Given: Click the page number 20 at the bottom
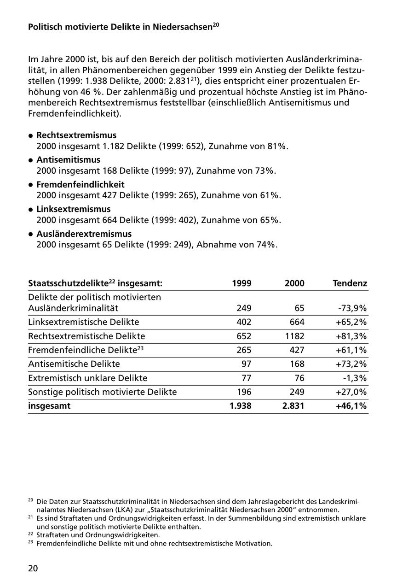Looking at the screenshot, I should [33, 568].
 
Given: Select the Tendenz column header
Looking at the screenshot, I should [350, 283].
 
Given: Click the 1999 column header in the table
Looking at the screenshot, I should [242, 283].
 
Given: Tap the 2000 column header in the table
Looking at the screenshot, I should [294, 283].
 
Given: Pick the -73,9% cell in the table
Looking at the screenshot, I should [353, 308].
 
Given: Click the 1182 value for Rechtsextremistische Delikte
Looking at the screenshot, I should [294, 336].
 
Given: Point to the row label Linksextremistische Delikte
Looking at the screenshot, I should [83, 322].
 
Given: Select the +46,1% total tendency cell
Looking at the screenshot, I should [351, 406].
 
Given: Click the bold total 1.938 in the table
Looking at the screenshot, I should [241, 406].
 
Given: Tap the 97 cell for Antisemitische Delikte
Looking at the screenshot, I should [246, 364].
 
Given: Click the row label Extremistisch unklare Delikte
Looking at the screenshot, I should [87, 378].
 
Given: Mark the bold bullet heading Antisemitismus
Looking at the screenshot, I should [68, 160].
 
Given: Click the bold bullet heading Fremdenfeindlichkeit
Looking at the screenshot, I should [80, 185].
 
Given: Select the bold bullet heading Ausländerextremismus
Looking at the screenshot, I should [84, 234].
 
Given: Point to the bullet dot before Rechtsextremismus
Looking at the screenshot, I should [31, 136].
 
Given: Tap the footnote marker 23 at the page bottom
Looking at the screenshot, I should [30, 542].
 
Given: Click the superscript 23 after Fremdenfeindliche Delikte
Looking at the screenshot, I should [140, 348].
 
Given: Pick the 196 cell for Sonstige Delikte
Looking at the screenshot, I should [244, 392].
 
